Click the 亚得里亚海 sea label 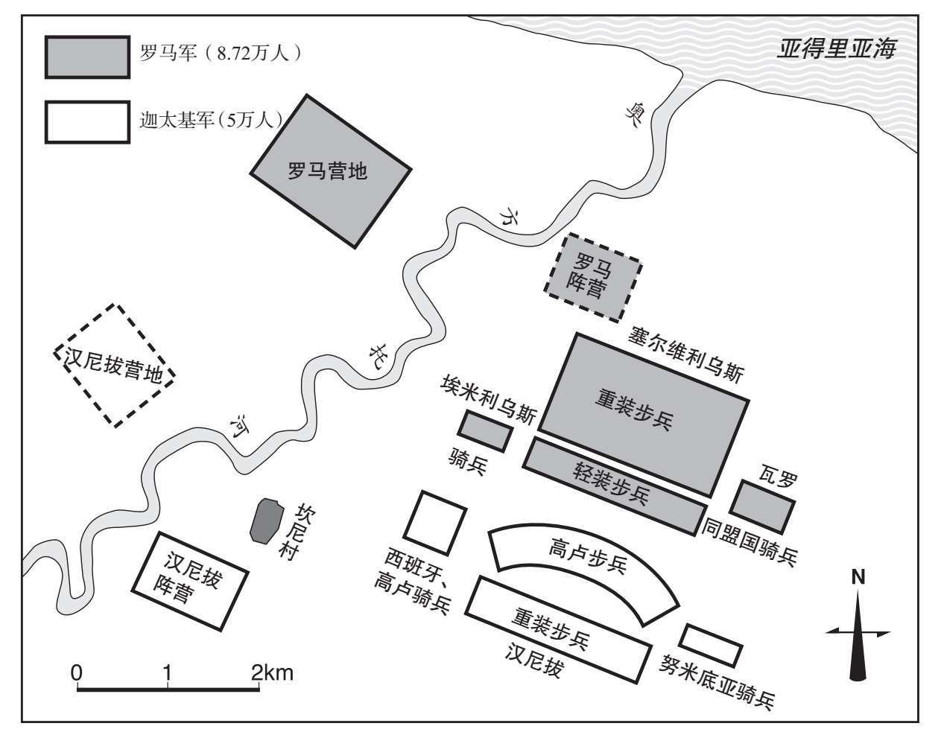point(836,49)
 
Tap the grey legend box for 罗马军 point(87,57)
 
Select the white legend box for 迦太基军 point(87,122)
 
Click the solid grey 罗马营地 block point(331,171)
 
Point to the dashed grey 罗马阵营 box point(593,278)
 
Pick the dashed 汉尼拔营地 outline point(114,366)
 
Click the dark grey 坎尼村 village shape point(265,521)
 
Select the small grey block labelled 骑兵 point(486,431)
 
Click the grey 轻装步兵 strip point(615,486)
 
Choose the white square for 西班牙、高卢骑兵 point(435,523)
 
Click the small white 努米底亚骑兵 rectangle point(711,645)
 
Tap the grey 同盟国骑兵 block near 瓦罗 point(762,506)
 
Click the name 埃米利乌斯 point(489,399)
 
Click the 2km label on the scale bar point(273,672)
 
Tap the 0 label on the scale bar point(77,672)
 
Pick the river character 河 point(240,425)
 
